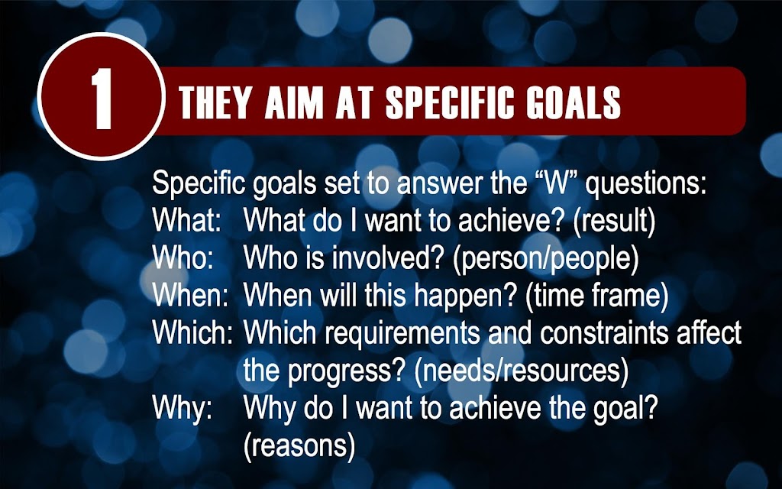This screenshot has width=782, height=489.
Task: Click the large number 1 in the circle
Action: coord(102,99)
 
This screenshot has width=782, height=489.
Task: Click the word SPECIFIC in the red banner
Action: coord(450,103)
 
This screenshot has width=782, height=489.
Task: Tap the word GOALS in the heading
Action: coord(574,103)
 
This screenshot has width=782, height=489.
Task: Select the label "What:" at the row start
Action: coord(186,220)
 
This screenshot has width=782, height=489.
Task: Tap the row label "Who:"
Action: coord(183,257)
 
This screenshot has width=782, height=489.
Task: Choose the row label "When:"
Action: coord(190,295)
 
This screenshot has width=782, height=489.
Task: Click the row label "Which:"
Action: coord(192,332)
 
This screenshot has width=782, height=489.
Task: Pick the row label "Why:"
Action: coord(182,409)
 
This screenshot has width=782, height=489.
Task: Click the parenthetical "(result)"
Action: coord(614,221)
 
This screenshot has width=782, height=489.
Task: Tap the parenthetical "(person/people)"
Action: coord(545,260)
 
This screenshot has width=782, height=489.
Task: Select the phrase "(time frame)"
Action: coord(596,296)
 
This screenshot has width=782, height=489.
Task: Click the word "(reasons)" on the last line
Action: coord(299,446)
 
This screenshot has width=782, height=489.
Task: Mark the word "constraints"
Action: coord(603,333)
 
